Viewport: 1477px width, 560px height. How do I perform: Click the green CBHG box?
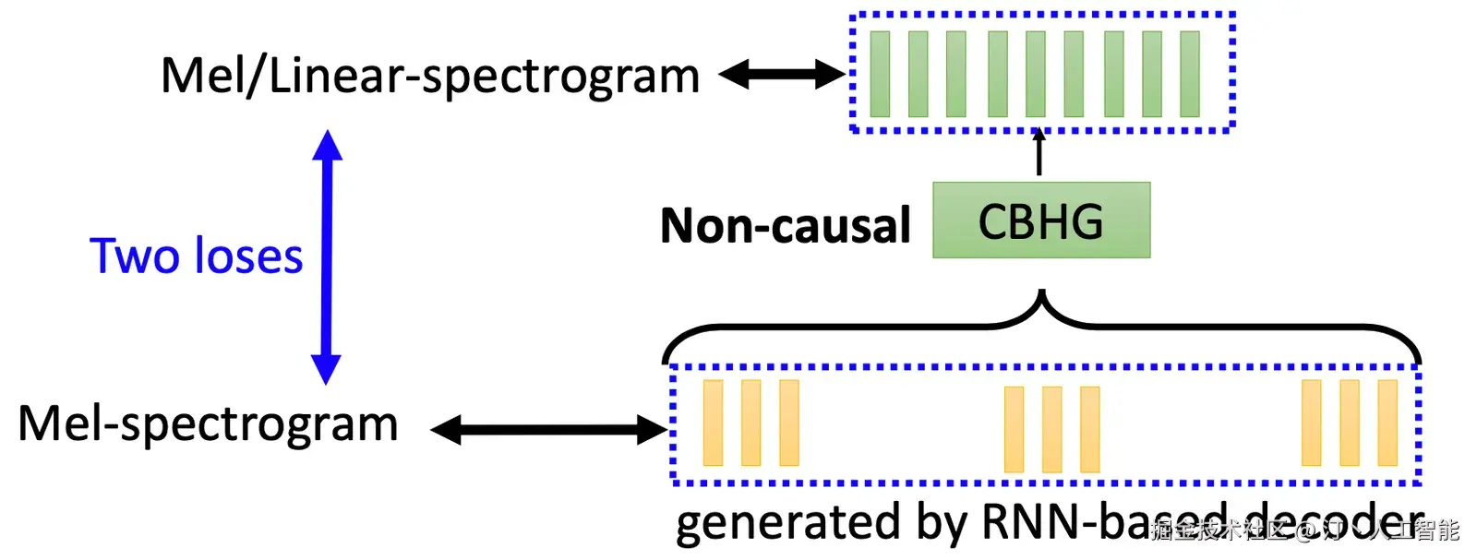[1041, 220]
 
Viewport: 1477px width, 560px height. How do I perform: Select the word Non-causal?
[786, 226]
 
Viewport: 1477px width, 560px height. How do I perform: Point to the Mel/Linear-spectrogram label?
[430, 76]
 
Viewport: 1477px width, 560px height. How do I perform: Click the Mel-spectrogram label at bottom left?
[208, 424]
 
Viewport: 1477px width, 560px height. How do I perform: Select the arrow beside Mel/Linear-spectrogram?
[782, 75]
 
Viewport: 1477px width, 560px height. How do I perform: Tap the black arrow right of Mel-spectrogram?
[548, 429]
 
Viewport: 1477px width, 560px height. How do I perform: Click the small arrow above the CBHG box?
[1039, 152]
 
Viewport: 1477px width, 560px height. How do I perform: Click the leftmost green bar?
[880, 74]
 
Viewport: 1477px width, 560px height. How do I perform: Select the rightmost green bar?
[1190, 74]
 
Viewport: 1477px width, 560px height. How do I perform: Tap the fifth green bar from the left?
[1035, 74]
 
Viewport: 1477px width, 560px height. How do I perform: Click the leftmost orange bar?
[713, 423]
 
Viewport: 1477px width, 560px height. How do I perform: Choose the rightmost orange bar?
[1387, 423]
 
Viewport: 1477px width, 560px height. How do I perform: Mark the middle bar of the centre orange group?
[1051, 429]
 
